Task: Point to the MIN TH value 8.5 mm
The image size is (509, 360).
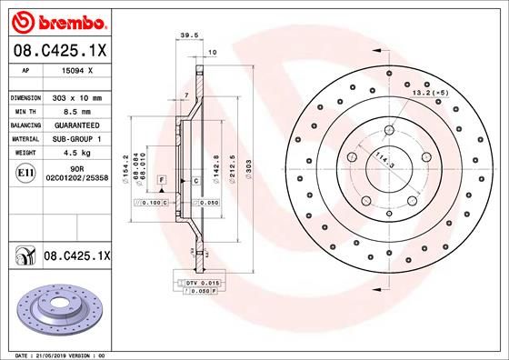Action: coord(73,110)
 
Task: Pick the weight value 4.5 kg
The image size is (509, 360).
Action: coord(71,153)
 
